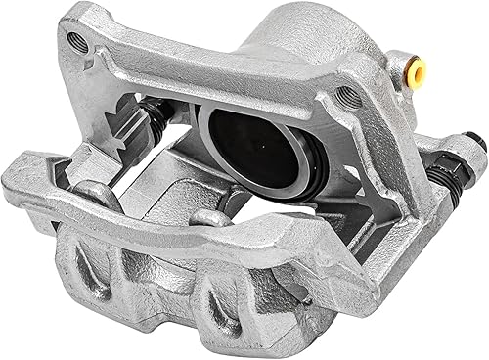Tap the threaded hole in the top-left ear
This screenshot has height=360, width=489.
tap(76, 41)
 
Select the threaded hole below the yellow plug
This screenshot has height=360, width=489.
tap(347, 95)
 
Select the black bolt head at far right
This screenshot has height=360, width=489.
tap(476, 144)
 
